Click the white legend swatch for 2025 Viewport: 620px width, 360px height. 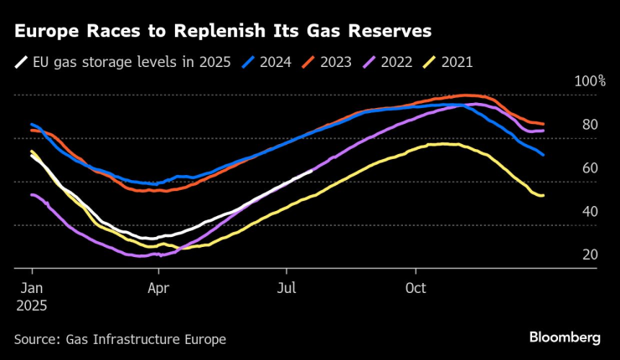point(20,61)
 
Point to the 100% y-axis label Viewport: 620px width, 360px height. point(590,82)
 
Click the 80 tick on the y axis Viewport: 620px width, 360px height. point(590,126)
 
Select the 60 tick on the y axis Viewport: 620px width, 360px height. point(590,169)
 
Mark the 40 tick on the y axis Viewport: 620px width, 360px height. point(590,212)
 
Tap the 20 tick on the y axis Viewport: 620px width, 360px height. point(590,255)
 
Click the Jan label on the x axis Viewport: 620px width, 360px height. point(32,287)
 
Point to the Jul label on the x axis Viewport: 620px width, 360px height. point(287,287)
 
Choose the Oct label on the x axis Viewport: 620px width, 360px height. point(416,287)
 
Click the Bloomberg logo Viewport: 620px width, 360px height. point(565,337)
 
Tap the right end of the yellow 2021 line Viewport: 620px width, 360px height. point(543,196)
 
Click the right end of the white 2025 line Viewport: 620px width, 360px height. point(312,170)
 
